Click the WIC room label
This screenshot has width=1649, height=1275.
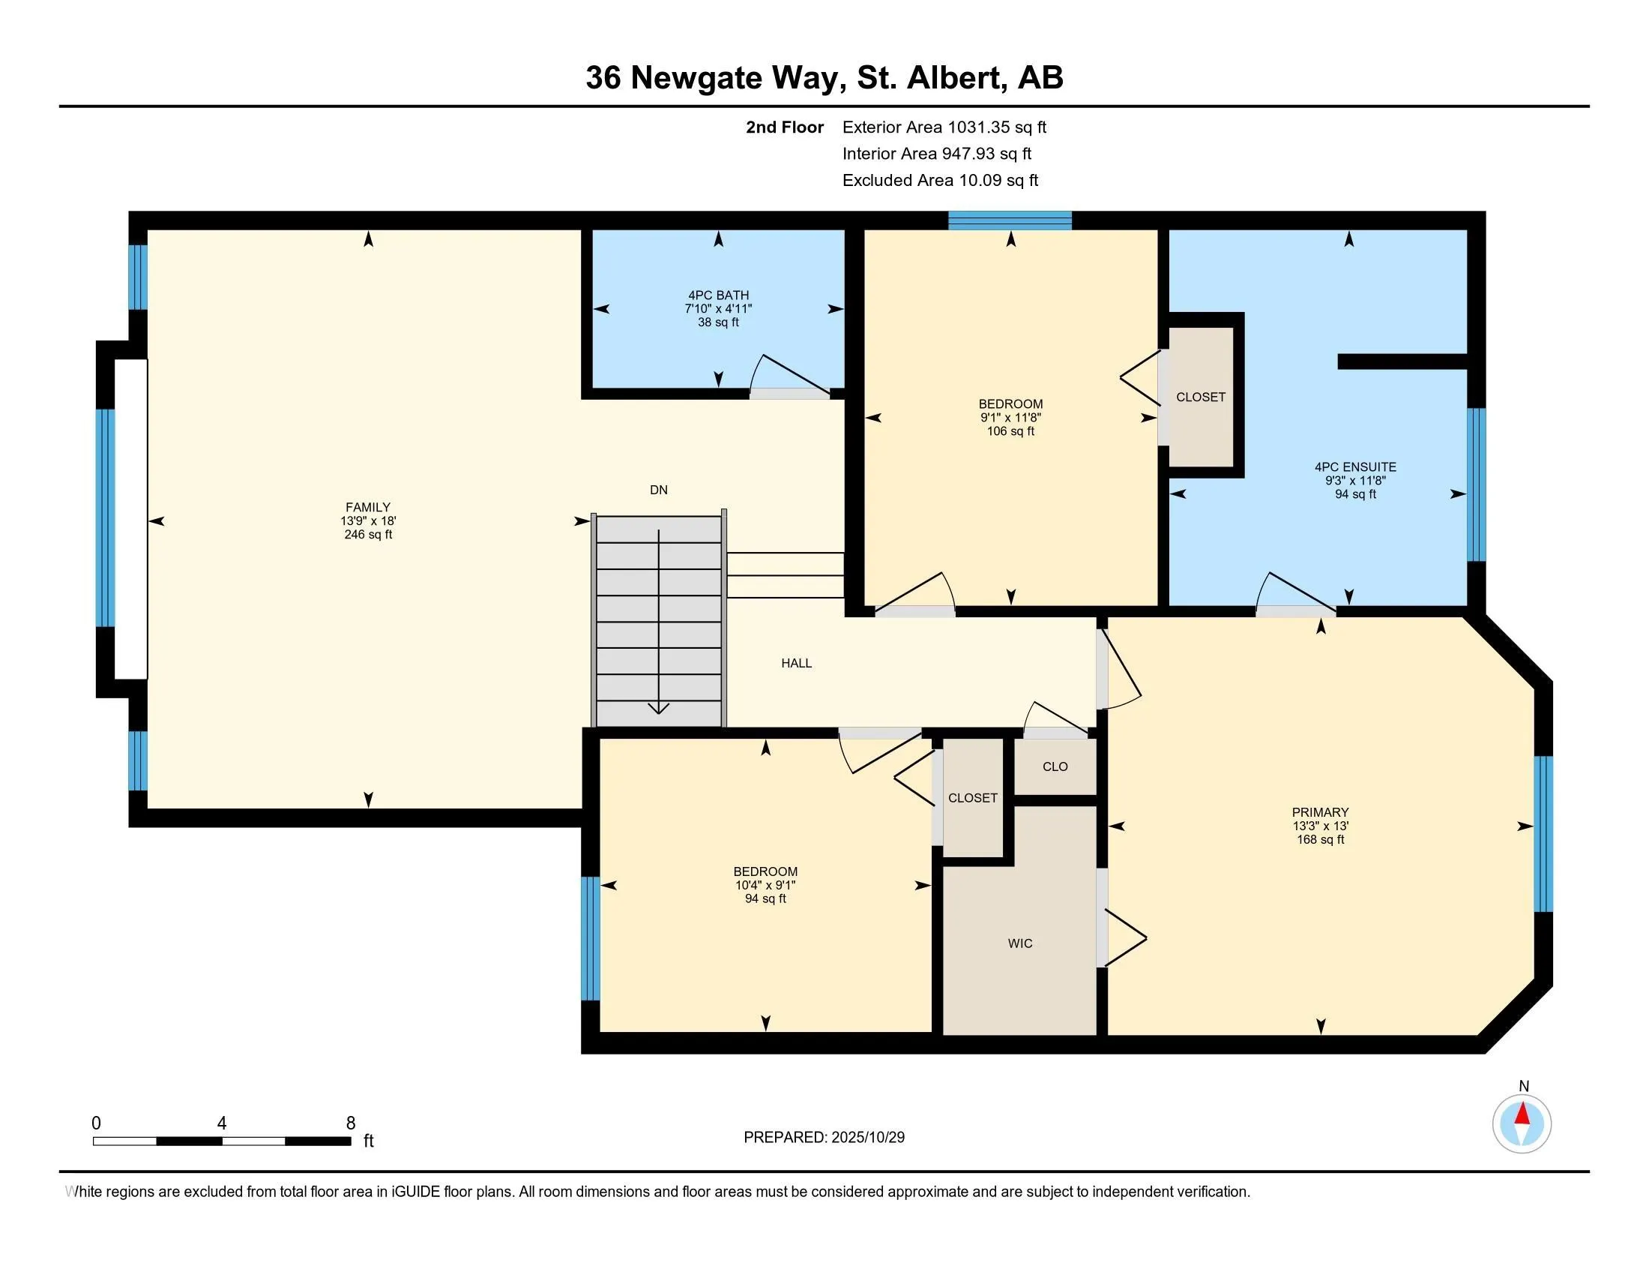1019,943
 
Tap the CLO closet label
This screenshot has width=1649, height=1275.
1055,766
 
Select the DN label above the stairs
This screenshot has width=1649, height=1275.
658,490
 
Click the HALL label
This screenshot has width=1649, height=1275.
796,663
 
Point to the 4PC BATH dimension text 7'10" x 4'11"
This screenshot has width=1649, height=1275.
718,309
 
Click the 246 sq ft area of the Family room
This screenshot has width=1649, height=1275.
368,535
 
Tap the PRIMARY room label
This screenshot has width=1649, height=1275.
1320,813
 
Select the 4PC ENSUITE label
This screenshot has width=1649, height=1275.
1354,467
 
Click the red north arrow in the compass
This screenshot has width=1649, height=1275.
1522,1114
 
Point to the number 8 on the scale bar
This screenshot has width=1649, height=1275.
350,1123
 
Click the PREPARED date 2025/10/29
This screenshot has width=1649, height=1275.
866,1138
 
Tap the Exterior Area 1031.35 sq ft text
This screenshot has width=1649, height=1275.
944,127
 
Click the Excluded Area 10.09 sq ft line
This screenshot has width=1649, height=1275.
940,181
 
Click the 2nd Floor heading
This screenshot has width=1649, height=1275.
784,127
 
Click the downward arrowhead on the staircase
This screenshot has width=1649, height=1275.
658,709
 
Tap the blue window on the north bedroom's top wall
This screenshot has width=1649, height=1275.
1010,220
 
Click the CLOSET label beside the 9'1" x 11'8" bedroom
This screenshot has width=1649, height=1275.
1201,397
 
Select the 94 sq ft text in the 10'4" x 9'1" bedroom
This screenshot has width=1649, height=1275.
765,898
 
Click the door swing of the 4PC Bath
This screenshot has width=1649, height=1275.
789,374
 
